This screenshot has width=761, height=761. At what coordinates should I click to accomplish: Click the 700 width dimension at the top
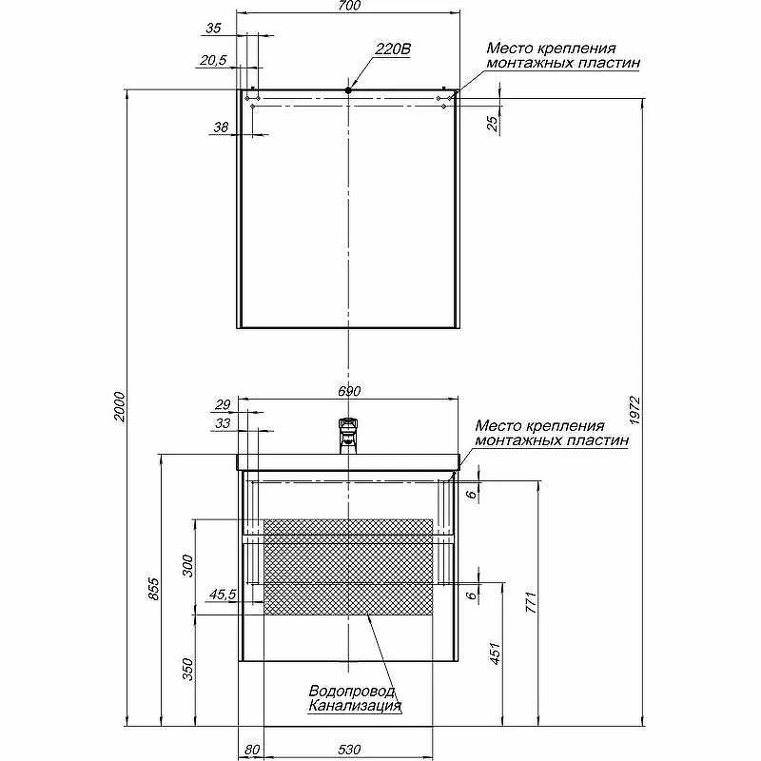(349, 7)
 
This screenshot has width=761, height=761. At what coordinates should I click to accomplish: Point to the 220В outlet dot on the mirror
(349, 90)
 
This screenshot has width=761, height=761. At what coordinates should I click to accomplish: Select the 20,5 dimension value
(213, 61)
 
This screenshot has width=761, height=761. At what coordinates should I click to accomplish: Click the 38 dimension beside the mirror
(221, 127)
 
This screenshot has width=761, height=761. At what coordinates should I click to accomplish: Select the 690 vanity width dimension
(349, 391)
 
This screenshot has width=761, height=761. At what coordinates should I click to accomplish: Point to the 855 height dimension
(154, 591)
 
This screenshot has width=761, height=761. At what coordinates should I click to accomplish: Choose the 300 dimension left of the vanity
(186, 566)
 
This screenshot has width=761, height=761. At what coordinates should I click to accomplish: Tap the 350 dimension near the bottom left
(186, 670)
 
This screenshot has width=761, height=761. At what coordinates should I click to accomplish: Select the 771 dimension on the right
(533, 602)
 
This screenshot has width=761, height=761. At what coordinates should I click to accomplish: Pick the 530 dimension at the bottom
(349, 751)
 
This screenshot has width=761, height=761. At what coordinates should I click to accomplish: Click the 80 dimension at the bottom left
(251, 751)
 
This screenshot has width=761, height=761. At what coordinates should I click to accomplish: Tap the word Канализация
(354, 707)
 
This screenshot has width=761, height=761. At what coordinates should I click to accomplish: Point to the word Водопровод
(352, 692)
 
